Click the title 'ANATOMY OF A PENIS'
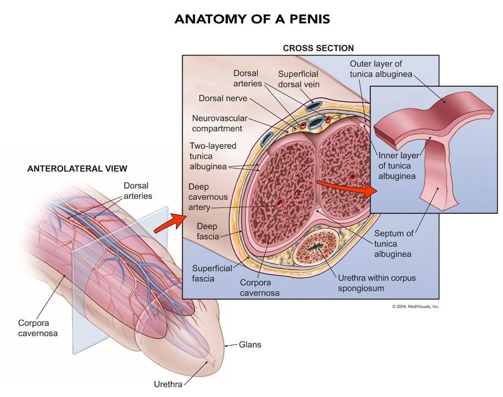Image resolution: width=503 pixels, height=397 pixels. [x=252, y=19]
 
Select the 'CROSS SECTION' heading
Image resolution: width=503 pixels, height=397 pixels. [x=318, y=48]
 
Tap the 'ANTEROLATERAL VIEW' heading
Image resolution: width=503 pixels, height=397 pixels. [x=77, y=168]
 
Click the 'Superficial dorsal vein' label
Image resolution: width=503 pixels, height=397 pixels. [x=299, y=79]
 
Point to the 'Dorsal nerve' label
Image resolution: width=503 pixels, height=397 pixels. [x=223, y=98]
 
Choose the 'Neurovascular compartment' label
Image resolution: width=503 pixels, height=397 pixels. [x=219, y=124]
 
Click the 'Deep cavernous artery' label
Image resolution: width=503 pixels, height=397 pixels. [x=208, y=197]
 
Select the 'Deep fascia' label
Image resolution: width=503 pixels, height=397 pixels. [x=208, y=232]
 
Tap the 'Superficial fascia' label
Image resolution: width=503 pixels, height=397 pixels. [x=212, y=273]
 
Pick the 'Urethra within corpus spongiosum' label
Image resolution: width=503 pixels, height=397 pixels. [x=377, y=283]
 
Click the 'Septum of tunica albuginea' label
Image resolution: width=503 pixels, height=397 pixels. [x=394, y=244]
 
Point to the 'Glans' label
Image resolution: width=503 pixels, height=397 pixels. [x=250, y=345]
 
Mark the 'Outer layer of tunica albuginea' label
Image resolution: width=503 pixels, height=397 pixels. [x=381, y=69]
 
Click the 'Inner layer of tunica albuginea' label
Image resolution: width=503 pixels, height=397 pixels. [x=398, y=166]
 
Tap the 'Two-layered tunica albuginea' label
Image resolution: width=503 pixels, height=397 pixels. [x=213, y=156]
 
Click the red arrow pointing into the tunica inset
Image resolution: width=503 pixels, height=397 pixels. [x=346, y=188]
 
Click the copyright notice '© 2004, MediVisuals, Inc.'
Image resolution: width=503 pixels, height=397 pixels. [x=416, y=307]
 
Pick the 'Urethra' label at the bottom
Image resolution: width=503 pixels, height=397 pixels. [x=168, y=384]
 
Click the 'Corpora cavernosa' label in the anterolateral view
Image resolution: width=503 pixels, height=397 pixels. [x=38, y=328]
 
